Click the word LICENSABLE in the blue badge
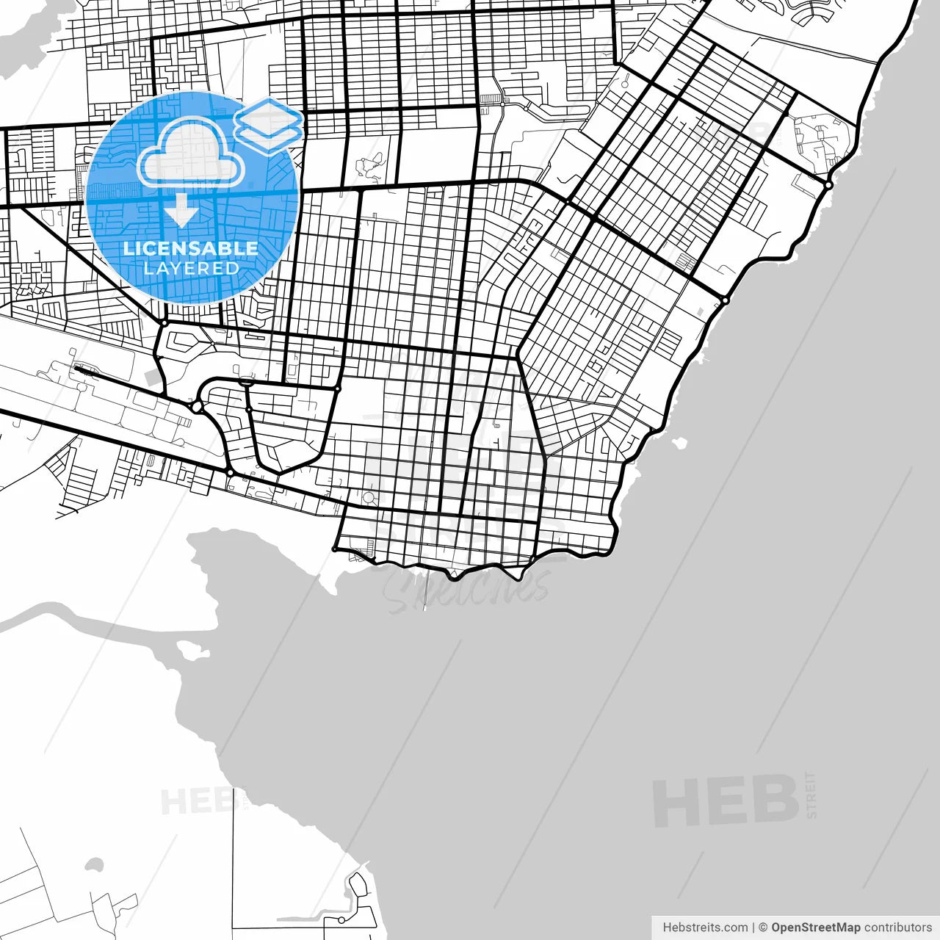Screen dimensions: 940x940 [x=191, y=248]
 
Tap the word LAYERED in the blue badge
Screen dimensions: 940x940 [x=191, y=269]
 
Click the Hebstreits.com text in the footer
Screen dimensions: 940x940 [x=705, y=928]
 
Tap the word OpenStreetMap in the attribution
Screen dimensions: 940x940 [x=815, y=928]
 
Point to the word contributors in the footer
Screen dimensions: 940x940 [x=897, y=928]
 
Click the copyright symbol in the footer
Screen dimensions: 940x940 [x=763, y=928]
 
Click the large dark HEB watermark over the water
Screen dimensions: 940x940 [x=725, y=801]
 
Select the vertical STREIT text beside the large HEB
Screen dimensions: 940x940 [x=811, y=795]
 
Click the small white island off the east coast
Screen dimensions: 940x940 [x=679, y=443]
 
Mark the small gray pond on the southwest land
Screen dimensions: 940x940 [x=94, y=864]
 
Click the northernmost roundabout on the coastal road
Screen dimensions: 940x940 [x=828, y=185]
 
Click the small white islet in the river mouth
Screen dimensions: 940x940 [x=184, y=648]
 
